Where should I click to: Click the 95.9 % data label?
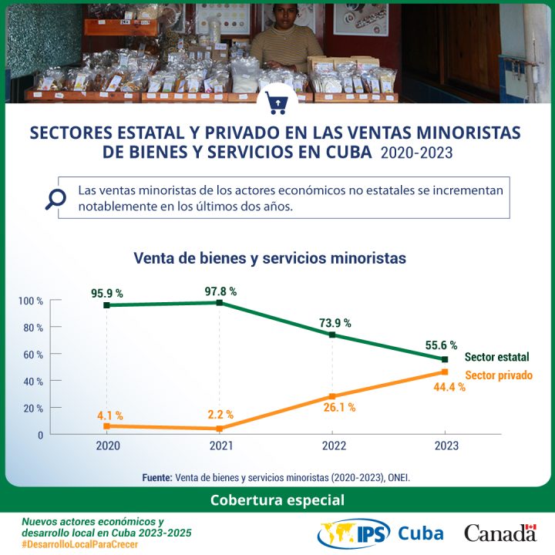107,294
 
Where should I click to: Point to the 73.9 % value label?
335,323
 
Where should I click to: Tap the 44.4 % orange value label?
449,388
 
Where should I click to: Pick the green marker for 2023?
445,359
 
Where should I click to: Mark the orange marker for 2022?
332,396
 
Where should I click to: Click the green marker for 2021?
220,303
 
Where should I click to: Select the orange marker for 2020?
106,426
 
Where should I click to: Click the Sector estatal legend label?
497,358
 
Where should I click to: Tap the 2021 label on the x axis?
220,446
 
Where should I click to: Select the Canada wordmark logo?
500,533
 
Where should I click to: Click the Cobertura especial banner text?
277,499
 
